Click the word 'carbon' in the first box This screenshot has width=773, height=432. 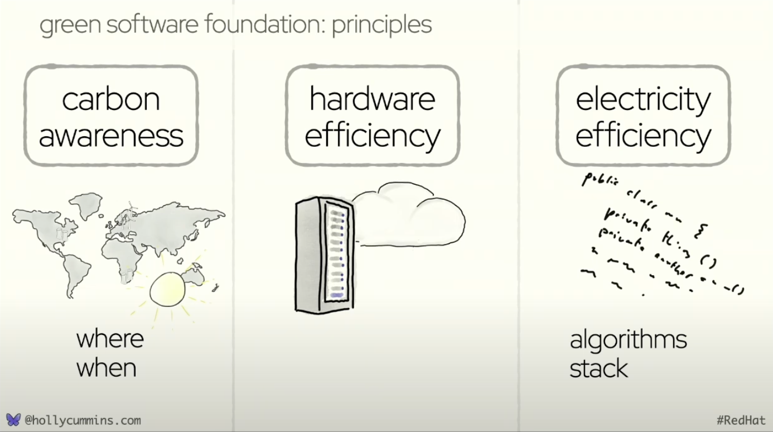click(x=111, y=99)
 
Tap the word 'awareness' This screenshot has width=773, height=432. click(x=111, y=136)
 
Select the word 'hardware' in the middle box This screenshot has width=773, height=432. click(x=372, y=99)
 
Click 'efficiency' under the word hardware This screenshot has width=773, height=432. click(x=372, y=136)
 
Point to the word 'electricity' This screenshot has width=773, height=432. click(x=643, y=99)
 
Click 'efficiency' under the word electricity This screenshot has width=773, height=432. click(x=643, y=136)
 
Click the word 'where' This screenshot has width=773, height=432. click(x=110, y=339)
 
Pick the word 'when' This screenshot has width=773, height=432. click(x=106, y=368)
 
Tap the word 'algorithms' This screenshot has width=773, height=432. click(x=628, y=340)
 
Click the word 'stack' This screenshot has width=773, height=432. click(x=598, y=368)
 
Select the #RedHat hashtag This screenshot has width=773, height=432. click(x=741, y=420)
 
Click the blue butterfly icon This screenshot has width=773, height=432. click(x=13, y=420)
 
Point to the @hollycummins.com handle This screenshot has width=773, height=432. click(x=83, y=420)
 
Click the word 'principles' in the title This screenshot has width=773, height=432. click(x=381, y=25)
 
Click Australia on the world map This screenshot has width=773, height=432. click(x=194, y=276)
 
